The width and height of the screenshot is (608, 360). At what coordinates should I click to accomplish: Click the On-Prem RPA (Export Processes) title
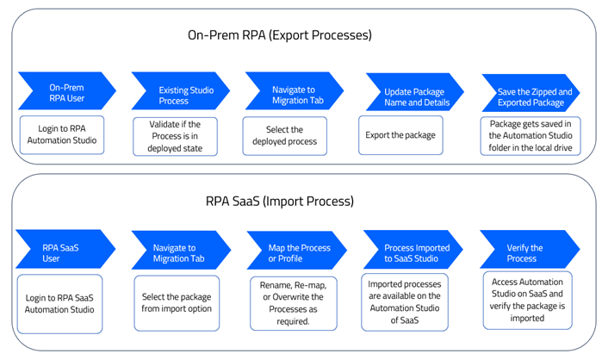280,35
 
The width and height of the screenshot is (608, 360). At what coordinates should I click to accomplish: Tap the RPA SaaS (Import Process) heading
280,202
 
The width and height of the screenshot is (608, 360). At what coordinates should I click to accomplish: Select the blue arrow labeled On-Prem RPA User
66,90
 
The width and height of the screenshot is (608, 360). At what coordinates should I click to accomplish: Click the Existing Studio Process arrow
180,90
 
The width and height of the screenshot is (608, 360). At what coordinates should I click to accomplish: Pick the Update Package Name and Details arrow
415,92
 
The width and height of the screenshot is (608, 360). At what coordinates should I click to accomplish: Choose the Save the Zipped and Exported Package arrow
530,93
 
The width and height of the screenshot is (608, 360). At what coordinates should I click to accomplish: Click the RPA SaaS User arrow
65,249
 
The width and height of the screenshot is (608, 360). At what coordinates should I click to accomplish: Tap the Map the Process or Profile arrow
296,251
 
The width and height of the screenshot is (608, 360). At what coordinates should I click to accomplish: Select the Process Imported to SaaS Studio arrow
413,250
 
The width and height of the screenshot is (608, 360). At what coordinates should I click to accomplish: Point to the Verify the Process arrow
530,249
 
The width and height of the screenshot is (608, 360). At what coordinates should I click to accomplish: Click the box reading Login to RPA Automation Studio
62,135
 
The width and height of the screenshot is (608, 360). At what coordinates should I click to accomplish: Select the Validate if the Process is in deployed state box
176,137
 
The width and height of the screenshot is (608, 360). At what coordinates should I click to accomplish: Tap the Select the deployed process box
284,136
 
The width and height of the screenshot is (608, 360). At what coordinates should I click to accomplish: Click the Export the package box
400,135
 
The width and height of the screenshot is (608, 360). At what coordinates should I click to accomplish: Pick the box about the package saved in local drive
530,136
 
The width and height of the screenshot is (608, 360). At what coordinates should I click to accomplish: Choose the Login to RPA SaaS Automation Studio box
59,304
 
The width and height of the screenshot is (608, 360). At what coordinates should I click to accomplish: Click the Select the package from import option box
177,303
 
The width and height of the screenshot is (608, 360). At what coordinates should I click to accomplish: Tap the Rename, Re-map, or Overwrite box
294,303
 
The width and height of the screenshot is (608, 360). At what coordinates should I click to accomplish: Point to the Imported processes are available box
405,302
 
